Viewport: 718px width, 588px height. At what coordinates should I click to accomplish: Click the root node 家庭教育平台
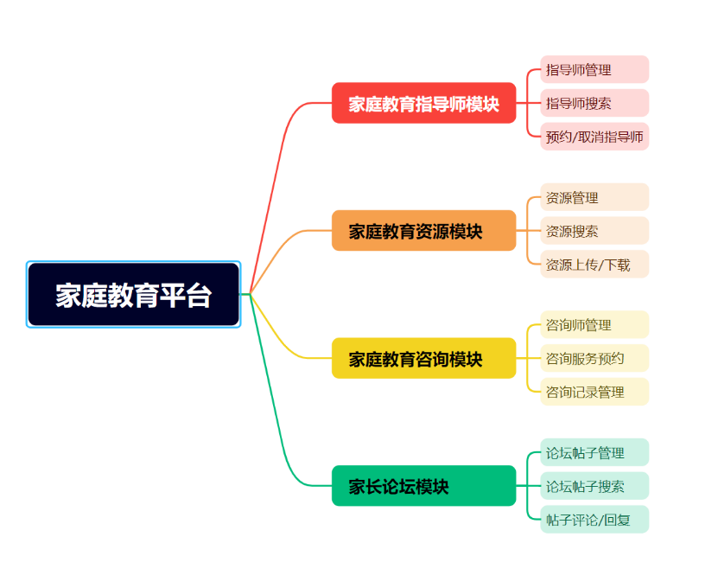click(x=133, y=295)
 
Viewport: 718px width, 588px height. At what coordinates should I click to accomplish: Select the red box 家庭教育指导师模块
click(x=423, y=104)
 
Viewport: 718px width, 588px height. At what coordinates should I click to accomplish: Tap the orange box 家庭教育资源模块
click(x=423, y=231)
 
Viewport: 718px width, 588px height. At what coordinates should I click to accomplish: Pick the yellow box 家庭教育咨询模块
click(x=423, y=358)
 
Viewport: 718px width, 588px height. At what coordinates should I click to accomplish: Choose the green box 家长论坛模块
click(x=423, y=486)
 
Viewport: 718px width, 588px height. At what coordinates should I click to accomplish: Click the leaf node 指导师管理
click(x=594, y=70)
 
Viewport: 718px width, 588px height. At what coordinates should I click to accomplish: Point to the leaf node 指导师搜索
click(x=594, y=103)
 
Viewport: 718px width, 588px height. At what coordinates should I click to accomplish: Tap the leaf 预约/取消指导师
click(x=594, y=137)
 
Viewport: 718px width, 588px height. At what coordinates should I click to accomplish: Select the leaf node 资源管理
click(x=594, y=197)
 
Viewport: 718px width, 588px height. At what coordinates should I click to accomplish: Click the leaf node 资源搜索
click(x=594, y=231)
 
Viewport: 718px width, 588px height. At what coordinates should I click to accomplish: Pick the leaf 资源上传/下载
click(x=594, y=265)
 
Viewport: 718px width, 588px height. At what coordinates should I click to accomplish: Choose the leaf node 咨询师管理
click(x=594, y=325)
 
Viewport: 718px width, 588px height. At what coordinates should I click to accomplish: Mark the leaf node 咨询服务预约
click(x=594, y=358)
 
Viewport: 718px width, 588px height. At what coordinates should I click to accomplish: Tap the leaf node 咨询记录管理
click(x=594, y=392)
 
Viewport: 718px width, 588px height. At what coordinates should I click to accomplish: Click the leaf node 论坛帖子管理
click(x=594, y=452)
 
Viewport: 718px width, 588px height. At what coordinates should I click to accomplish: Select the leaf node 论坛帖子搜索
click(x=594, y=486)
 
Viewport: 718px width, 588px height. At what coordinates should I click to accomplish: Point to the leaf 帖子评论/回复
click(x=594, y=520)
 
